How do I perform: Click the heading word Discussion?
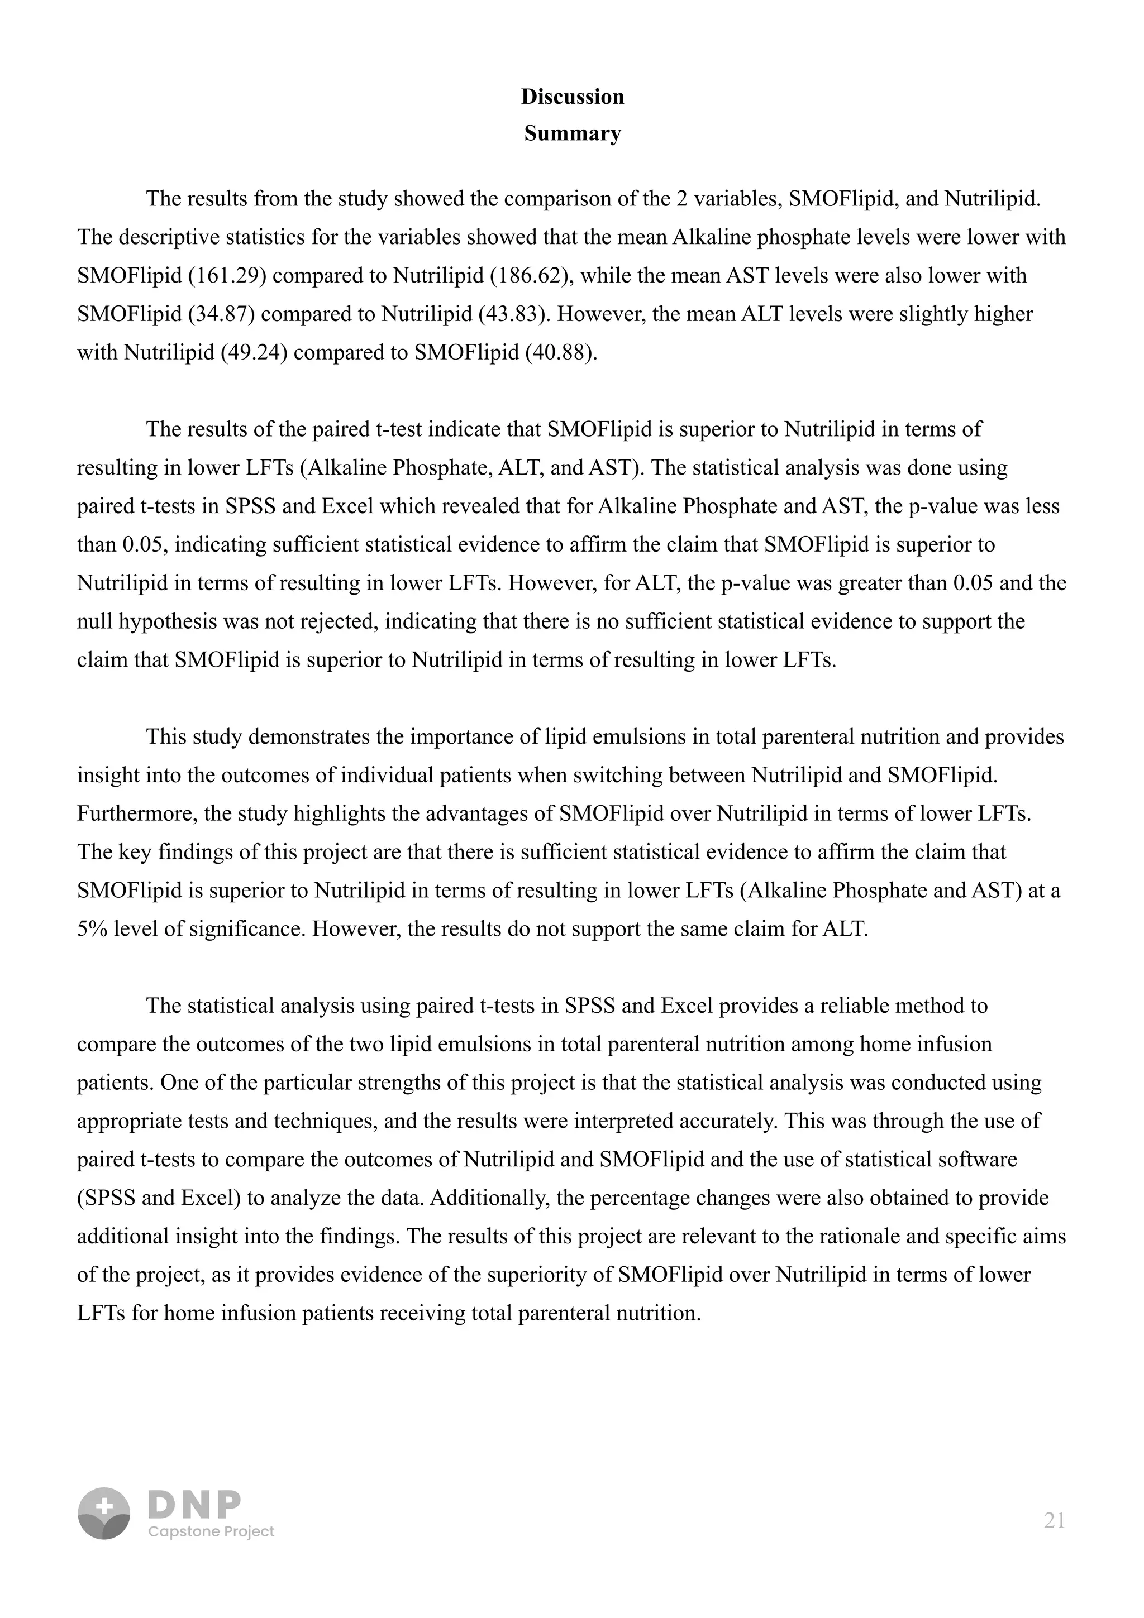pyautogui.click(x=573, y=97)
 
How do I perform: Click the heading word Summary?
pyautogui.click(x=573, y=133)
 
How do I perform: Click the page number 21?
pyautogui.click(x=1054, y=1521)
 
